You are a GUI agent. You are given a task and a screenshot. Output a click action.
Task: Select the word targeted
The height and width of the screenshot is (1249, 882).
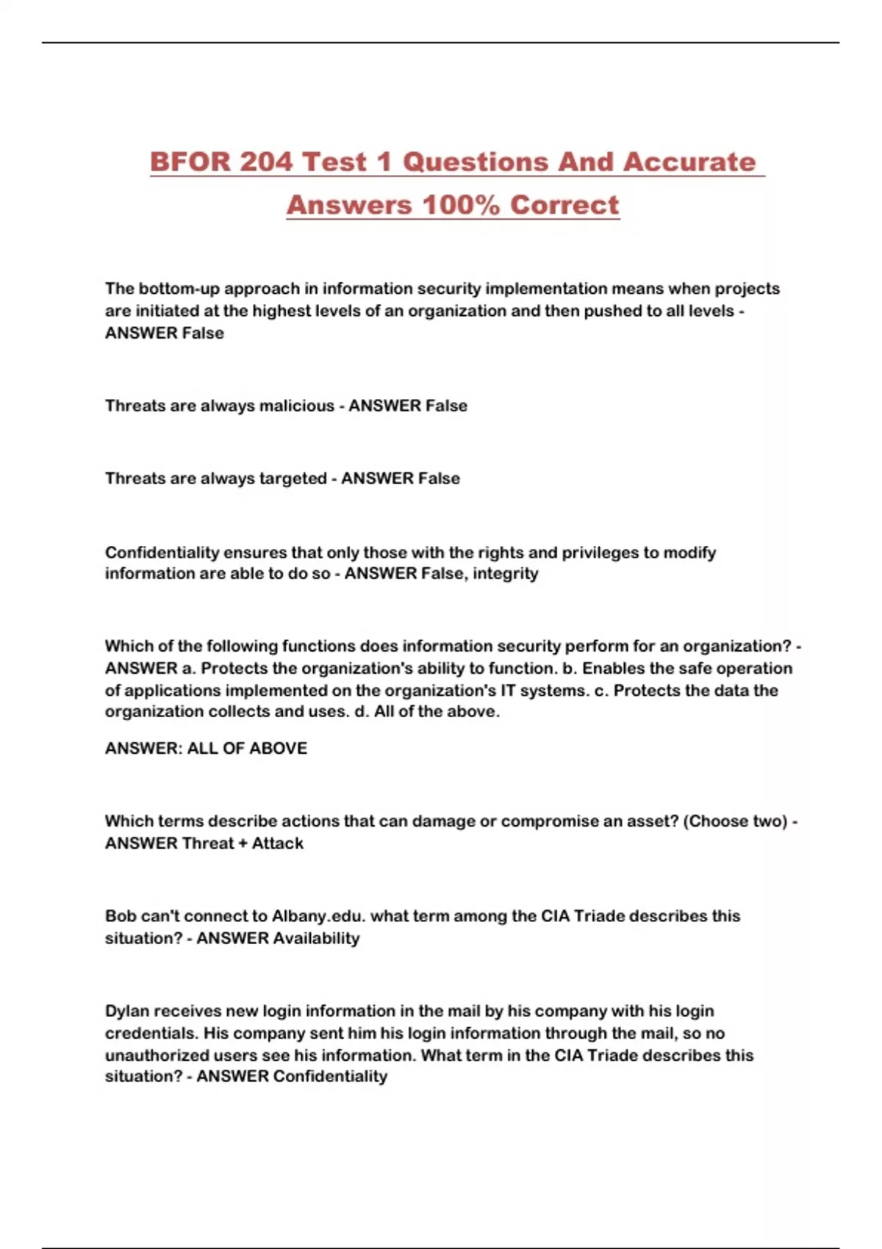tap(289, 478)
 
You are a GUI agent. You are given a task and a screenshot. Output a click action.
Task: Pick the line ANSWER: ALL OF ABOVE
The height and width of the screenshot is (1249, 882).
tap(206, 748)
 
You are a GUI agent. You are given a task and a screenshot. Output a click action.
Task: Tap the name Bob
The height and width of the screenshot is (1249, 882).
tap(121, 916)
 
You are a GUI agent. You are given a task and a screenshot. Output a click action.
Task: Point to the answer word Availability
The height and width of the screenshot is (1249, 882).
tap(316, 938)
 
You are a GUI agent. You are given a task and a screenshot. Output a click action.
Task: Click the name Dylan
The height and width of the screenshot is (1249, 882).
tap(126, 1011)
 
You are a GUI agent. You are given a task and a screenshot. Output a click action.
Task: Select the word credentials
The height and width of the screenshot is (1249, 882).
tap(150, 1033)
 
